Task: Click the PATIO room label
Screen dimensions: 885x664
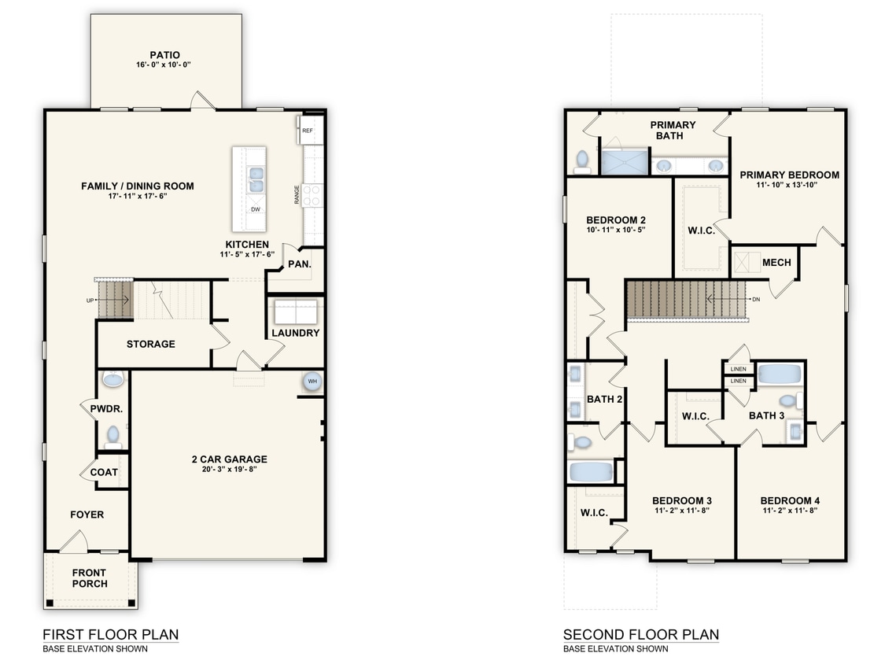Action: (165, 55)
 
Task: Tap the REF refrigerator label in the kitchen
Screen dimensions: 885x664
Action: (307, 131)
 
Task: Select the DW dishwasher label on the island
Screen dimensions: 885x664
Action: (256, 209)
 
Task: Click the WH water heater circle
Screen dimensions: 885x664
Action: (312, 382)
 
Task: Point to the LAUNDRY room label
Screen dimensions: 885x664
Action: (295, 333)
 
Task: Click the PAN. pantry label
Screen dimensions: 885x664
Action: (299, 264)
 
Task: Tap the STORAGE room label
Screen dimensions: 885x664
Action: (151, 344)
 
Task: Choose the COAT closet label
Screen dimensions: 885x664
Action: (104, 472)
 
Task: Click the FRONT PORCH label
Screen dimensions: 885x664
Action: (89, 578)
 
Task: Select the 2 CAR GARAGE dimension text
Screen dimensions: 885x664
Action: (229, 469)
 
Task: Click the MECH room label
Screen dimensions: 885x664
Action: (776, 263)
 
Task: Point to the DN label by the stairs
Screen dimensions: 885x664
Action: (756, 299)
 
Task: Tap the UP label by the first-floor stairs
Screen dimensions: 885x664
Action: (90, 301)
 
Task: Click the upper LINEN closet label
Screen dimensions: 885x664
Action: (738, 369)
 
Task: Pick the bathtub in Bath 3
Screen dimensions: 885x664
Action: (780, 374)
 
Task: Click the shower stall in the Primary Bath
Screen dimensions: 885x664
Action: (625, 161)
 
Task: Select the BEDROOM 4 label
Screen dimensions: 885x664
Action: (790, 501)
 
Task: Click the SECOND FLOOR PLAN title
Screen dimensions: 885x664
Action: (641, 635)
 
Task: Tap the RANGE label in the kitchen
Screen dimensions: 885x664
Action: (297, 195)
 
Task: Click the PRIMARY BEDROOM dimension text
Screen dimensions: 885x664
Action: (787, 185)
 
